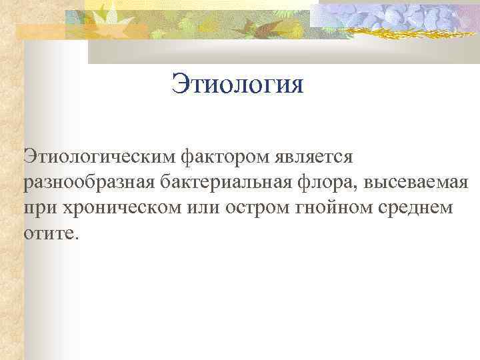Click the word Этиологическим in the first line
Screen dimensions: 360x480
click(99, 158)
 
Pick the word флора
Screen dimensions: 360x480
click(335, 183)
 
